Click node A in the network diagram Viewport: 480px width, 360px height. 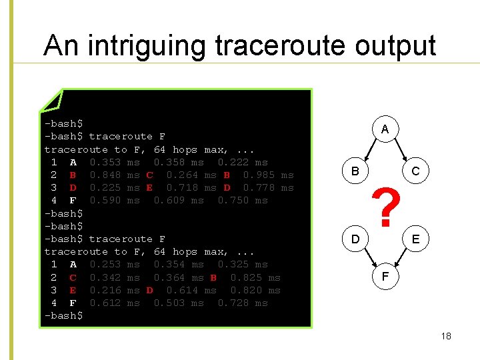385,129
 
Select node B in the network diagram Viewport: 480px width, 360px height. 355,171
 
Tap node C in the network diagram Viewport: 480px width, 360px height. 415,171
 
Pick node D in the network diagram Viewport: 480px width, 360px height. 355,238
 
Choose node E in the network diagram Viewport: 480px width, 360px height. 415,238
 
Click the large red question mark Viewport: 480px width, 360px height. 385,205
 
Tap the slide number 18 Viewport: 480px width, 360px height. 446,336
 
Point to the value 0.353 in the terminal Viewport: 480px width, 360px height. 105,163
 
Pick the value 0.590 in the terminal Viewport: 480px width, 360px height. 105,201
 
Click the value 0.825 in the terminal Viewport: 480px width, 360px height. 246,277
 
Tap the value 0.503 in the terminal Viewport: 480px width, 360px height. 169,303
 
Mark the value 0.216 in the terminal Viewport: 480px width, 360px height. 105,291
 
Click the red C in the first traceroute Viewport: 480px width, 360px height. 149,175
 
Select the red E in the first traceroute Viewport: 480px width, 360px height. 149,188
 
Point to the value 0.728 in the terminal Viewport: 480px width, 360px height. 233,303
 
